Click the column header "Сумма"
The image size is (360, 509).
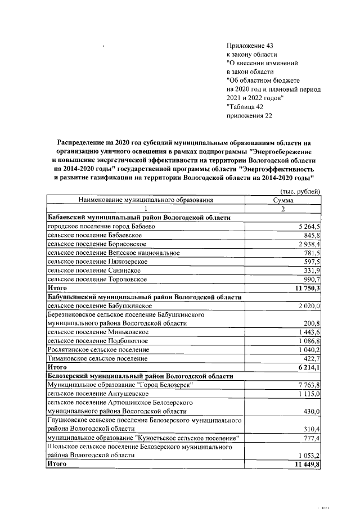coord(283,200)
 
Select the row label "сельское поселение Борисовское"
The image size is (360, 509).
coord(97,244)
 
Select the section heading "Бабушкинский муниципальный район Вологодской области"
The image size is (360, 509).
coord(144,297)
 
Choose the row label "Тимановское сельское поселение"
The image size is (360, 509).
coord(97,358)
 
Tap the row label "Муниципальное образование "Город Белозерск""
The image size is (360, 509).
coord(120,385)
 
